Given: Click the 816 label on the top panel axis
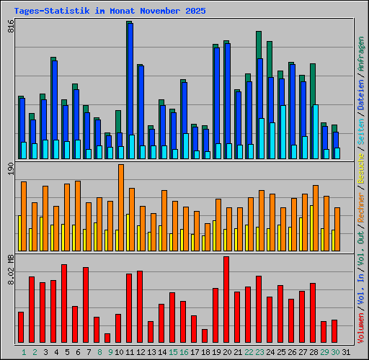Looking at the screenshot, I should pyautogui.click(x=11, y=27).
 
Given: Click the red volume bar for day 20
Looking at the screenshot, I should pyautogui.click(x=226, y=300).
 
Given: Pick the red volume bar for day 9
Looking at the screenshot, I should pyautogui.click(x=107, y=338).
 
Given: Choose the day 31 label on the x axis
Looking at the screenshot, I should pyautogui.click(x=334, y=352).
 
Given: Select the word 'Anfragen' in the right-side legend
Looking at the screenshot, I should pyautogui.click(x=361, y=55).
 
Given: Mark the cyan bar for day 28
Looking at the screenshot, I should pyautogui.click(x=316, y=132).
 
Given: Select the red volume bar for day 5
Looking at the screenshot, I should pyautogui.click(x=64, y=303).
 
